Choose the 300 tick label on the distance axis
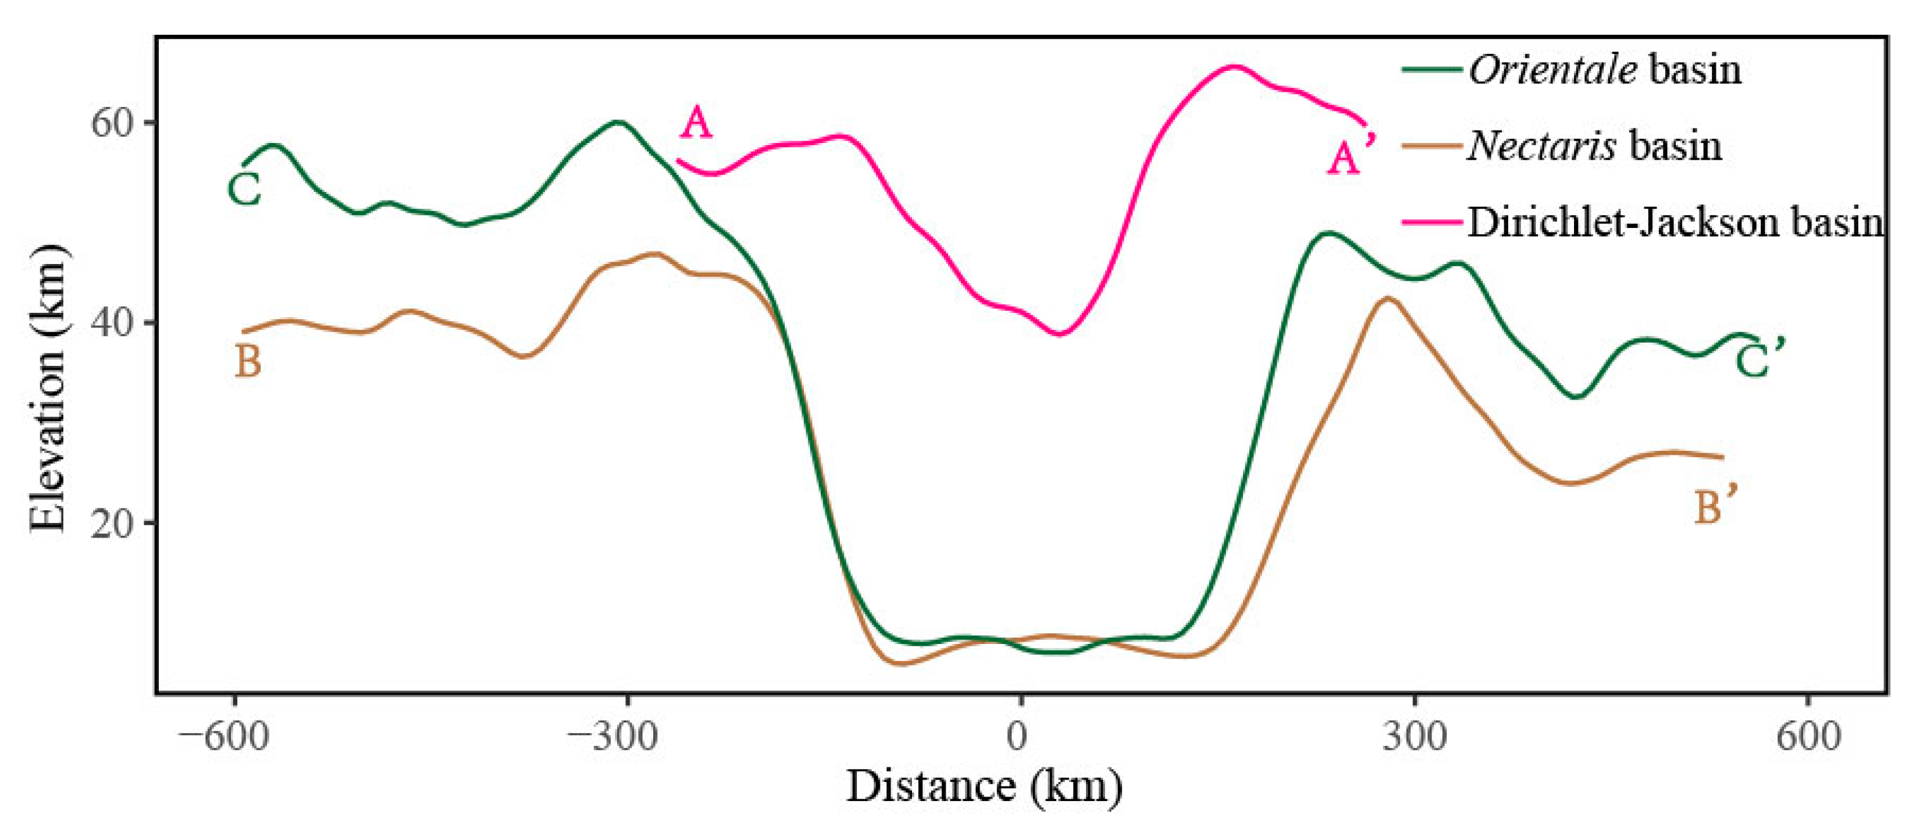[1414, 738]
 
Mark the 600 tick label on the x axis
[1808, 738]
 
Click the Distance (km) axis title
[984, 786]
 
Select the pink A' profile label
[1351, 155]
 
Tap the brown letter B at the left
[248, 362]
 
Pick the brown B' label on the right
[1716, 507]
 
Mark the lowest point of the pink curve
[1059, 334]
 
